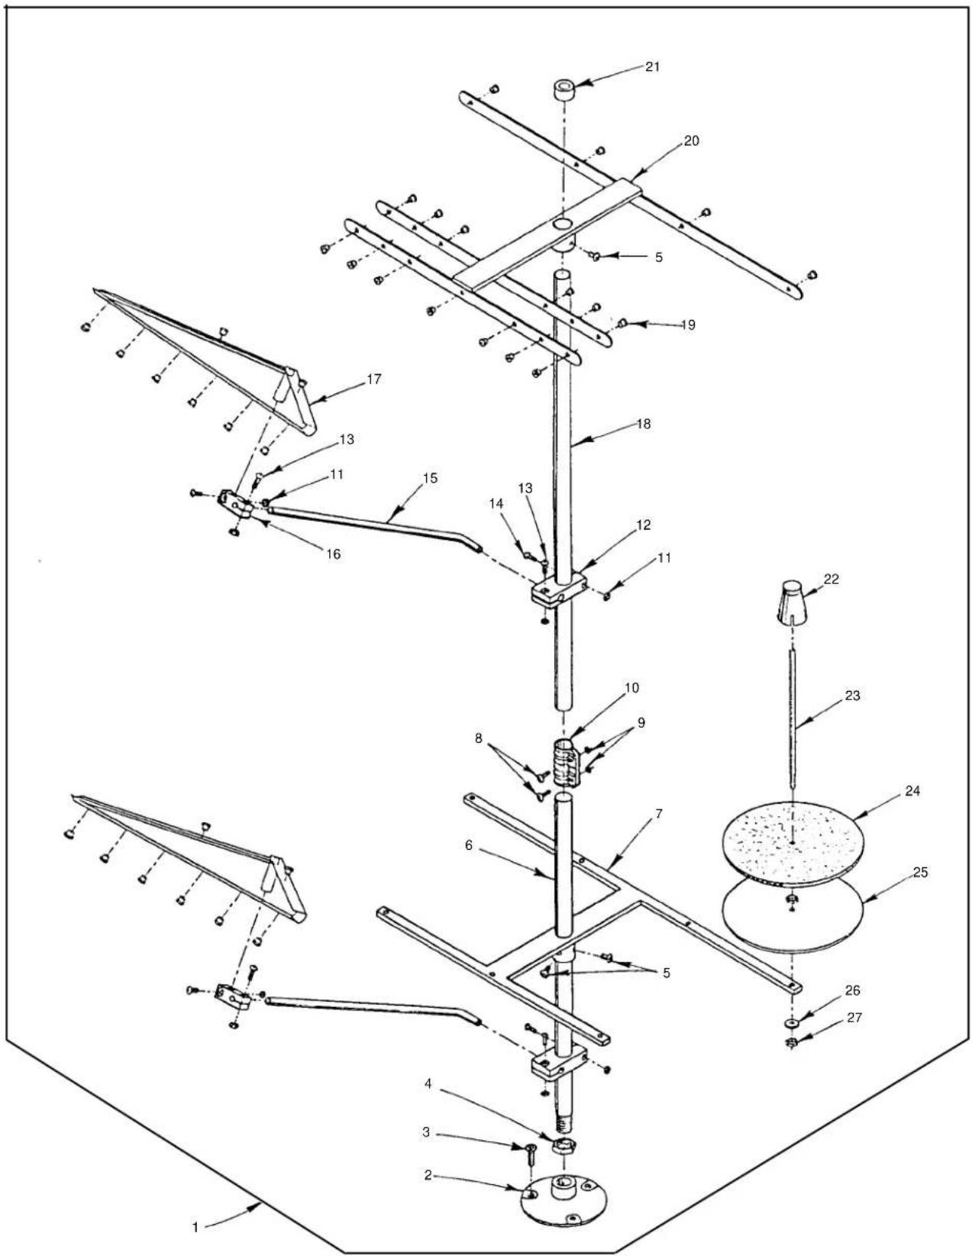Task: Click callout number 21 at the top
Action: point(652,66)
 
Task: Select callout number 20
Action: point(690,140)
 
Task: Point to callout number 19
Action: point(688,324)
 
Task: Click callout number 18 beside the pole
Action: point(643,424)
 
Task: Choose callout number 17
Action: point(374,379)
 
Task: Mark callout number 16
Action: point(334,554)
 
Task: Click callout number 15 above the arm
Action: point(430,478)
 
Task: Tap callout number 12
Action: point(644,525)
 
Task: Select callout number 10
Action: point(631,688)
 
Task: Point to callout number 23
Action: point(852,696)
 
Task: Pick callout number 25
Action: point(921,872)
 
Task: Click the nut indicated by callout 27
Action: point(792,1042)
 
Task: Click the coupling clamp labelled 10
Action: point(566,762)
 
